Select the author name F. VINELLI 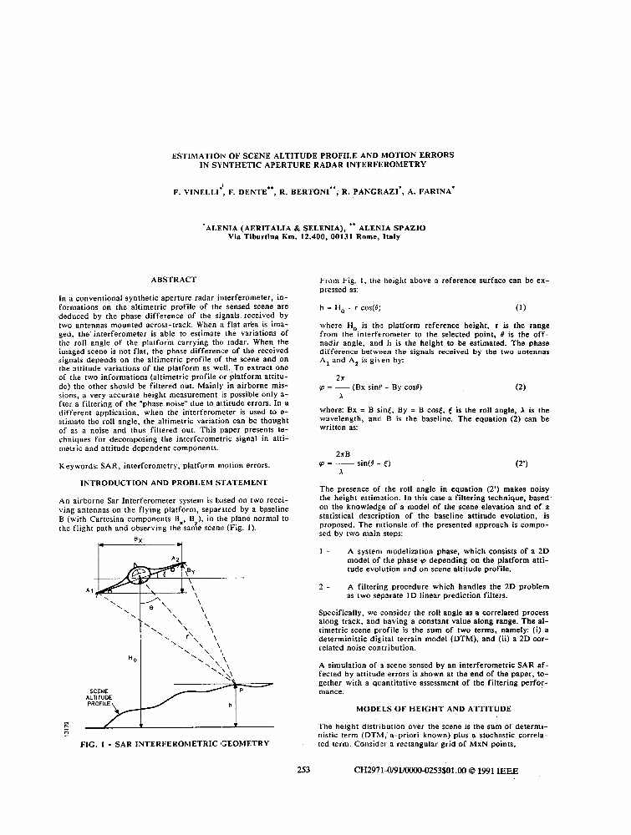click(196, 191)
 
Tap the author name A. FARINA click(430, 191)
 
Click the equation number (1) click(521, 306)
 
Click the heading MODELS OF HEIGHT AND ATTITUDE click(433, 708)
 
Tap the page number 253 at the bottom click(303, 770)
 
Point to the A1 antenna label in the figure click(89, 590)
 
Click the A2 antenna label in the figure click(176, 559)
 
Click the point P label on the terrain click(241, 690)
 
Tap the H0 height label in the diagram click(132, 659)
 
